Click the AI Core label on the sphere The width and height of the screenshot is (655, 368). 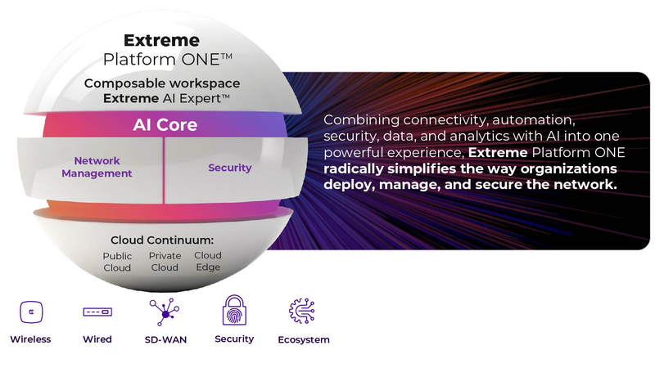click(x=165, y=125)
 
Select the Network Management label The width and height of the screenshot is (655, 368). click(x=97, y=167)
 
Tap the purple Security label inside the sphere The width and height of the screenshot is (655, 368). click(x=230, y=168)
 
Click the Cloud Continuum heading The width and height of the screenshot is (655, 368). click(x=162, y=240)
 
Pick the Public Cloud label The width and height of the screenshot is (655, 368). click(x=117, y=262)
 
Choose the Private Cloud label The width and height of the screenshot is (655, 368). click(x=165, y=261)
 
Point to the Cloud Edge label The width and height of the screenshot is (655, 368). click(x=208, y=261)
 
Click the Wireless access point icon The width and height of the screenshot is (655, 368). click(x=31, y=312)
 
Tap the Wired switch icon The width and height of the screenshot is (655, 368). click(x=97, y=312)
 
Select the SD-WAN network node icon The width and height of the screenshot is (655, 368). click(x=165, y=312)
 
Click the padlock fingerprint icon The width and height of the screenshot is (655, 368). click(x=234, y=310)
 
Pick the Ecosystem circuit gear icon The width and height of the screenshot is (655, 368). click(x=302, y=311)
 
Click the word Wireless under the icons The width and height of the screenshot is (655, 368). click(x=30, y=339)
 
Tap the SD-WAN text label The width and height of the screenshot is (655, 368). click(x=166, y=339)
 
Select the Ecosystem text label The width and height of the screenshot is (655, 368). click(x=304, y=339)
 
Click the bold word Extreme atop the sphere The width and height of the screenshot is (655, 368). click(x=161, y=40)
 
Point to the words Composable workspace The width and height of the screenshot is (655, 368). click(x=162, y=83)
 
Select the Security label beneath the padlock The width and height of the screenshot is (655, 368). click(x=234, y=339)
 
